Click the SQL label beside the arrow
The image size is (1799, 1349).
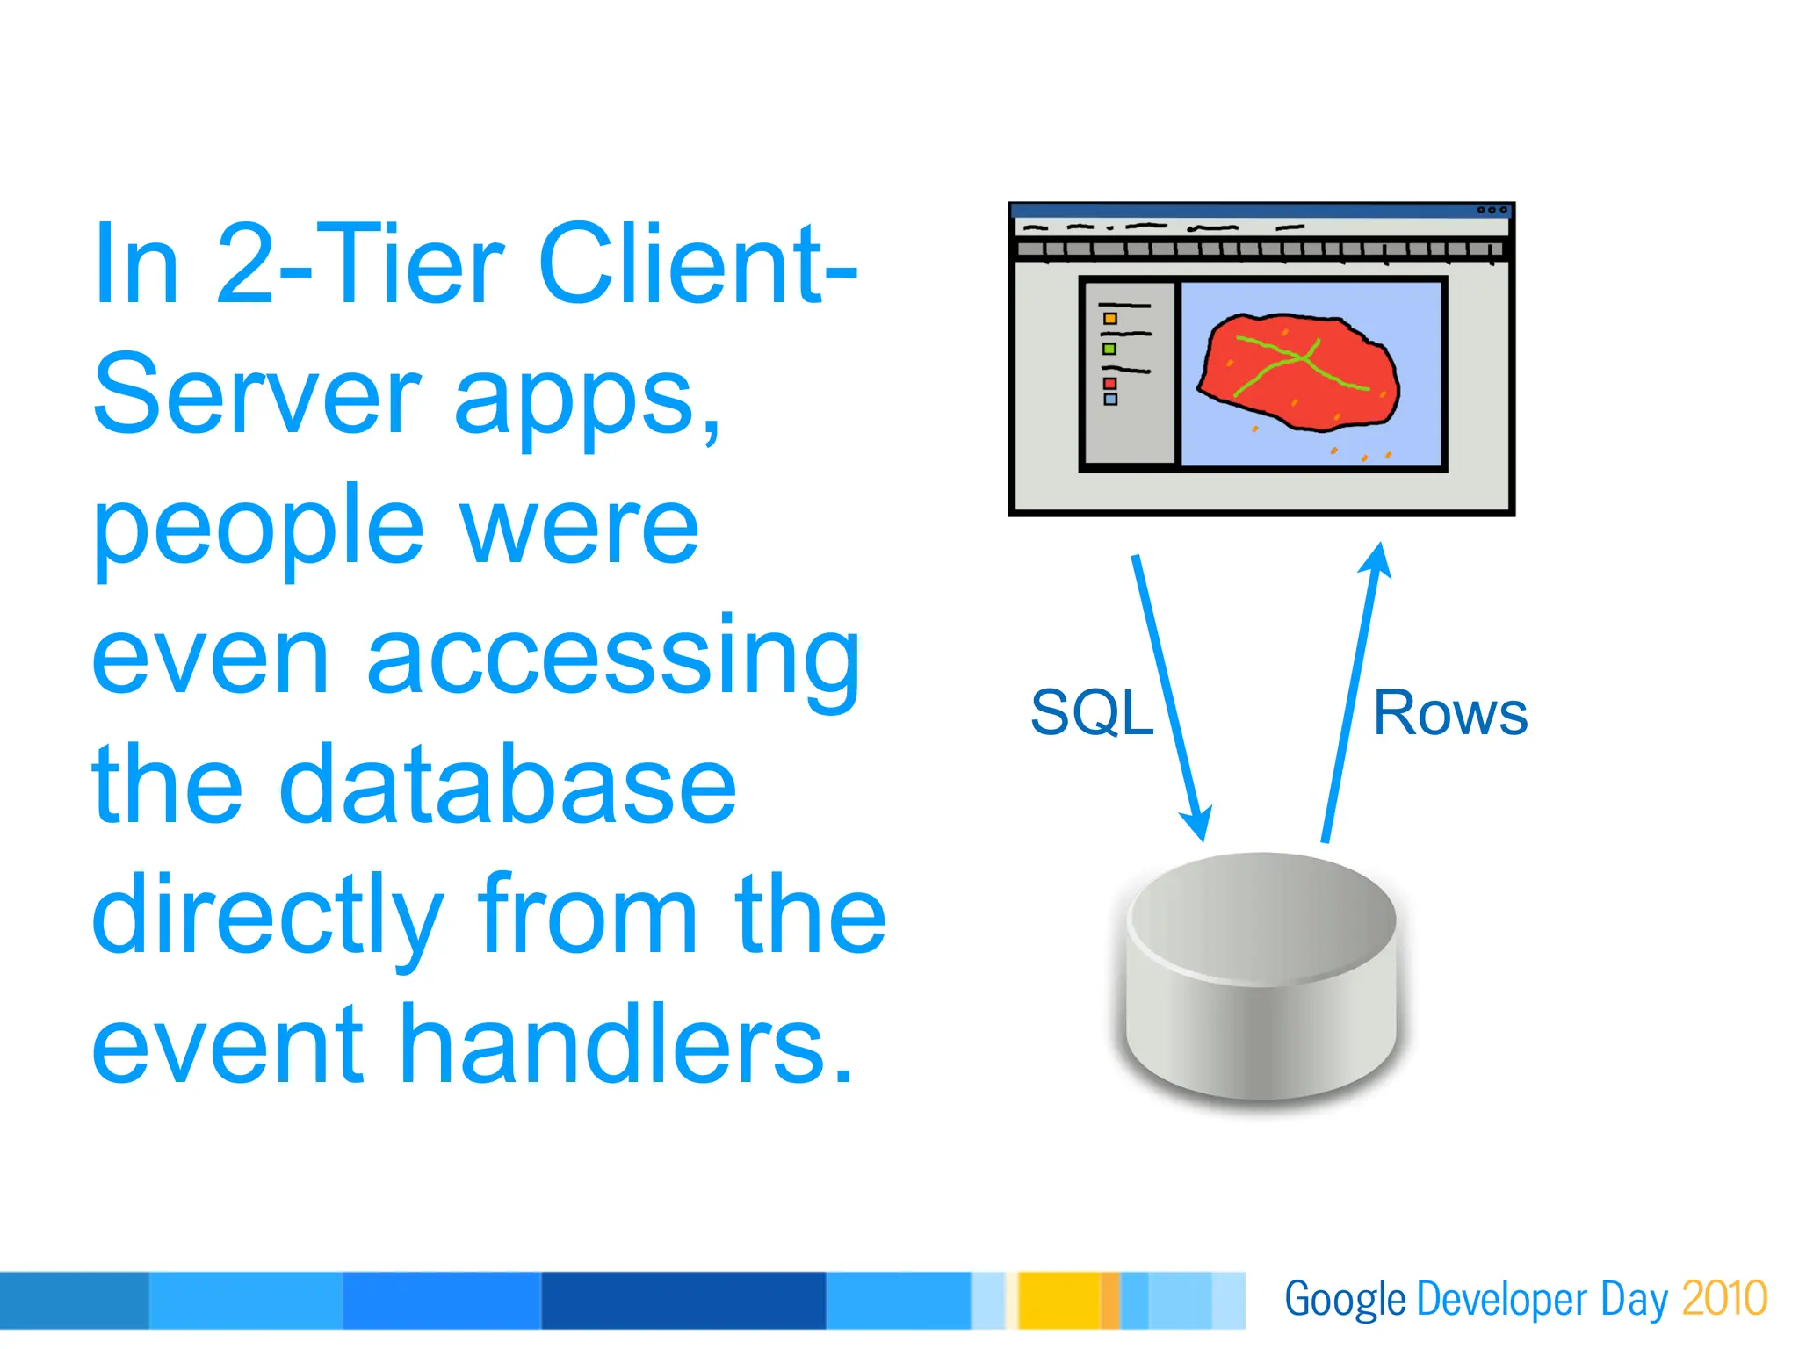click(1091, 712)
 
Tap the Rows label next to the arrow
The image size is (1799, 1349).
click(1449, 712)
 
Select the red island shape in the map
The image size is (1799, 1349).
click(1298, 373)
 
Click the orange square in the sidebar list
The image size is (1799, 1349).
click(1110, 319)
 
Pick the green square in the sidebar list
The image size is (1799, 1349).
click(1109, 350)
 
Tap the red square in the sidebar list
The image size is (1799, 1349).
click(1110, 383)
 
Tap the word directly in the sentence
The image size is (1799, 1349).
click(268, 915)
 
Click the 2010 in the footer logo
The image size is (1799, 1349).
click(1723, 1299)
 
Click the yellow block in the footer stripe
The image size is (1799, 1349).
click(1058, 1300)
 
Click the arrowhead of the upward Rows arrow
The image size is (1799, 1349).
click(1377, 560)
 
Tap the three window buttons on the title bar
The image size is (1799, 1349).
click(1492, 211)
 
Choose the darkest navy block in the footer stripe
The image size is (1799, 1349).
click(683, 1300)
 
